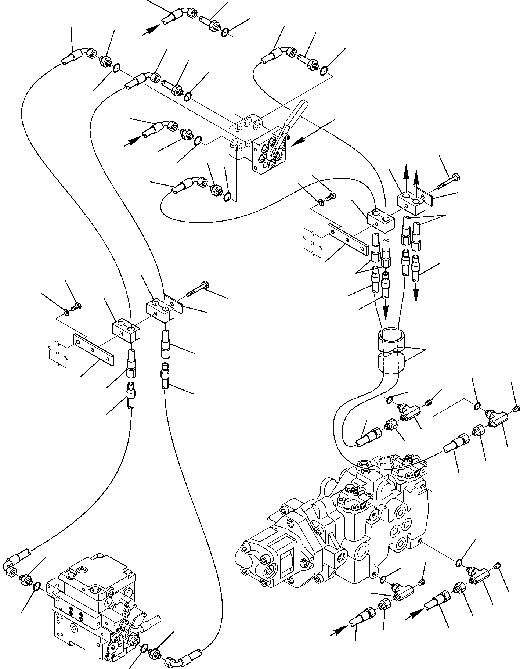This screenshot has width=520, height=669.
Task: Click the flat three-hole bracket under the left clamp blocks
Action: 94,349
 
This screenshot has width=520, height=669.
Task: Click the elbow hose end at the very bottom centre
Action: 184,656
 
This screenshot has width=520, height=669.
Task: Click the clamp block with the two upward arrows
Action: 410,202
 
